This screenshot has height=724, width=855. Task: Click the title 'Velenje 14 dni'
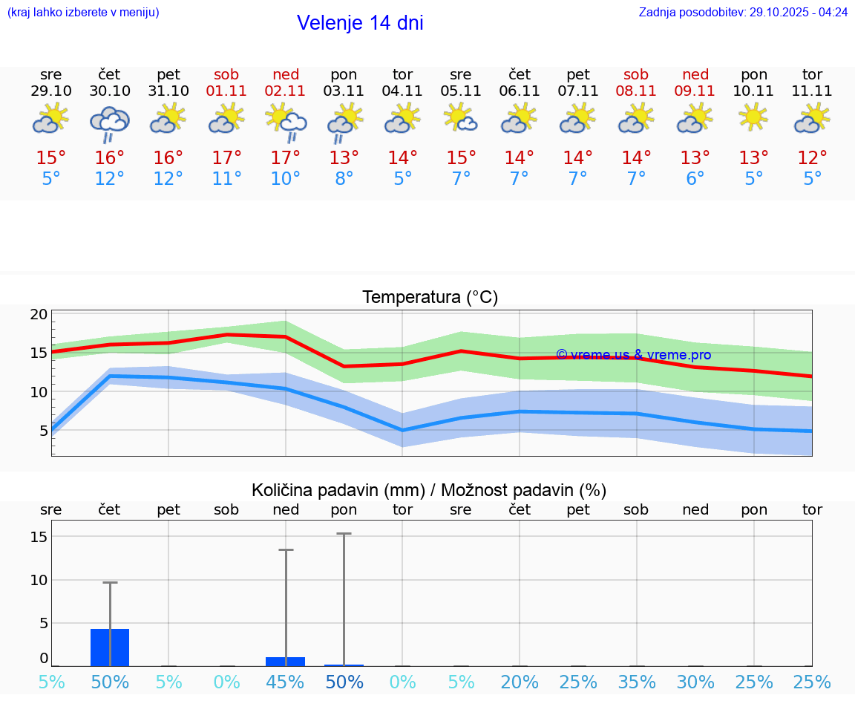(x=360, y=23)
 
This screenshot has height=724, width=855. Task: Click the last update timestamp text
(x=743, y=12)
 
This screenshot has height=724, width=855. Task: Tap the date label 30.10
(x=110, y=91)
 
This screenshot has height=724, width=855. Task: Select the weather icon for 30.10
(x=110, y=122)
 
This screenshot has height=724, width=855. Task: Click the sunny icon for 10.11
(x=754, y=118)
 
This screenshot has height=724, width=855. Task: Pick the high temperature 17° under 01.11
(x=226, y=158)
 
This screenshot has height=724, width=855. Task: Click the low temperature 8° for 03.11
(x=344, y=179)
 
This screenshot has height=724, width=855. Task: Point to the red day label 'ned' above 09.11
(x=695, y=74)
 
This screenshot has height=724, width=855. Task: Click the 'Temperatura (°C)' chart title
(x=430, y=298)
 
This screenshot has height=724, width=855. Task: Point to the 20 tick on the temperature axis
(x=39, y=314)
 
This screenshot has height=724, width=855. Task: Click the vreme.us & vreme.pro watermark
(x=633, y=355)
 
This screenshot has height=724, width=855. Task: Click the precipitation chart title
(x=429, y=490)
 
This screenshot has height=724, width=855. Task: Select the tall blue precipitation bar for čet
(x=110, y=647)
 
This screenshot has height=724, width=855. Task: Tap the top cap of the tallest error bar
(x=344, y=533)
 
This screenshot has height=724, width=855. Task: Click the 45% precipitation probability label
(x=286, y=682)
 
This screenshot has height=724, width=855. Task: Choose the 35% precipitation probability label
(x=637, y=682)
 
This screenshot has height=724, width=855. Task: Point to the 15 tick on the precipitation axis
(x=39, y=536)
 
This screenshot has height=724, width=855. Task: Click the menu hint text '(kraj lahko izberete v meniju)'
(x=83, y=12)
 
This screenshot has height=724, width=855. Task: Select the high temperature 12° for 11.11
(x=813, y=158)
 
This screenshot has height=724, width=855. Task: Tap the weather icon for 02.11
(x=286, y=122)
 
